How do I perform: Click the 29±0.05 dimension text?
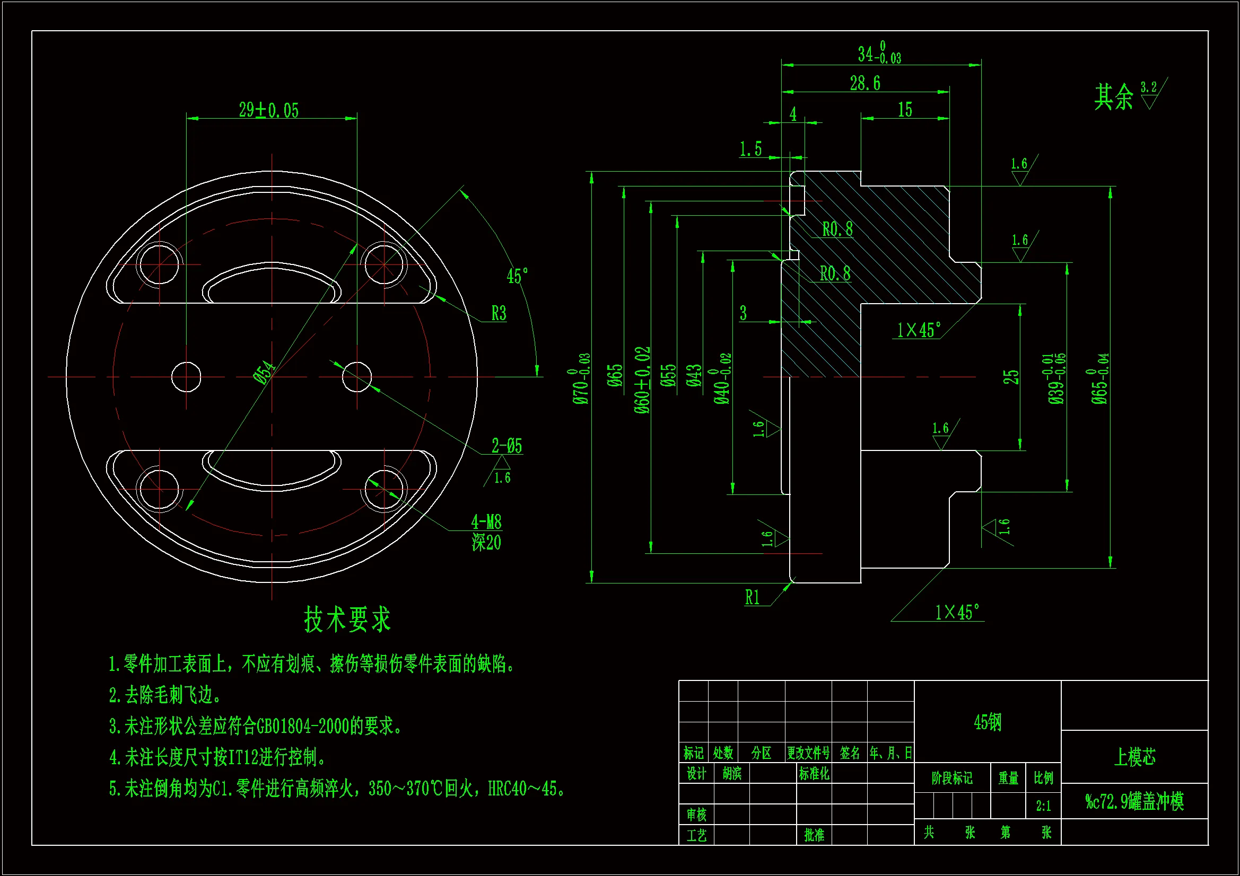[x=268, y=110]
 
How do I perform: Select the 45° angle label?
[x=517, y=276]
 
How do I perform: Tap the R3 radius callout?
[x=499, y=313]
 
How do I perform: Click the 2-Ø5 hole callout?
[x=507, y=446]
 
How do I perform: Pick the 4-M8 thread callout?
[x=486, y=522]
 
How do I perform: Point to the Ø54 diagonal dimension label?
[x=265, y=372]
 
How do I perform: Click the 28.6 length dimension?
[x=864, y=84]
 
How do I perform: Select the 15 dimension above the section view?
[x=905, y=110]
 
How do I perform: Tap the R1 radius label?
[x=752, y=597]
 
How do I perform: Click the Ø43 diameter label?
[x=694, y=375]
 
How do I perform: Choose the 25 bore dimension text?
[x=1010, y=377]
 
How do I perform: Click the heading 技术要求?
[x=347, y=619]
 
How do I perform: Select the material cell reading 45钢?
[x=987, y=722]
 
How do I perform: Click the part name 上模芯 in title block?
[x=1134, y=757]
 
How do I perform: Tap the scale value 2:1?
[x=1043, y=806]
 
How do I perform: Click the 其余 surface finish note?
[x=1114, y=97]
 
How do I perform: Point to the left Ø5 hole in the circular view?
[x=186, y=377]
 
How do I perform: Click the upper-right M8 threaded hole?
[x=384, y=264]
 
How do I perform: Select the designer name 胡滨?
[x=732, y=773]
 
